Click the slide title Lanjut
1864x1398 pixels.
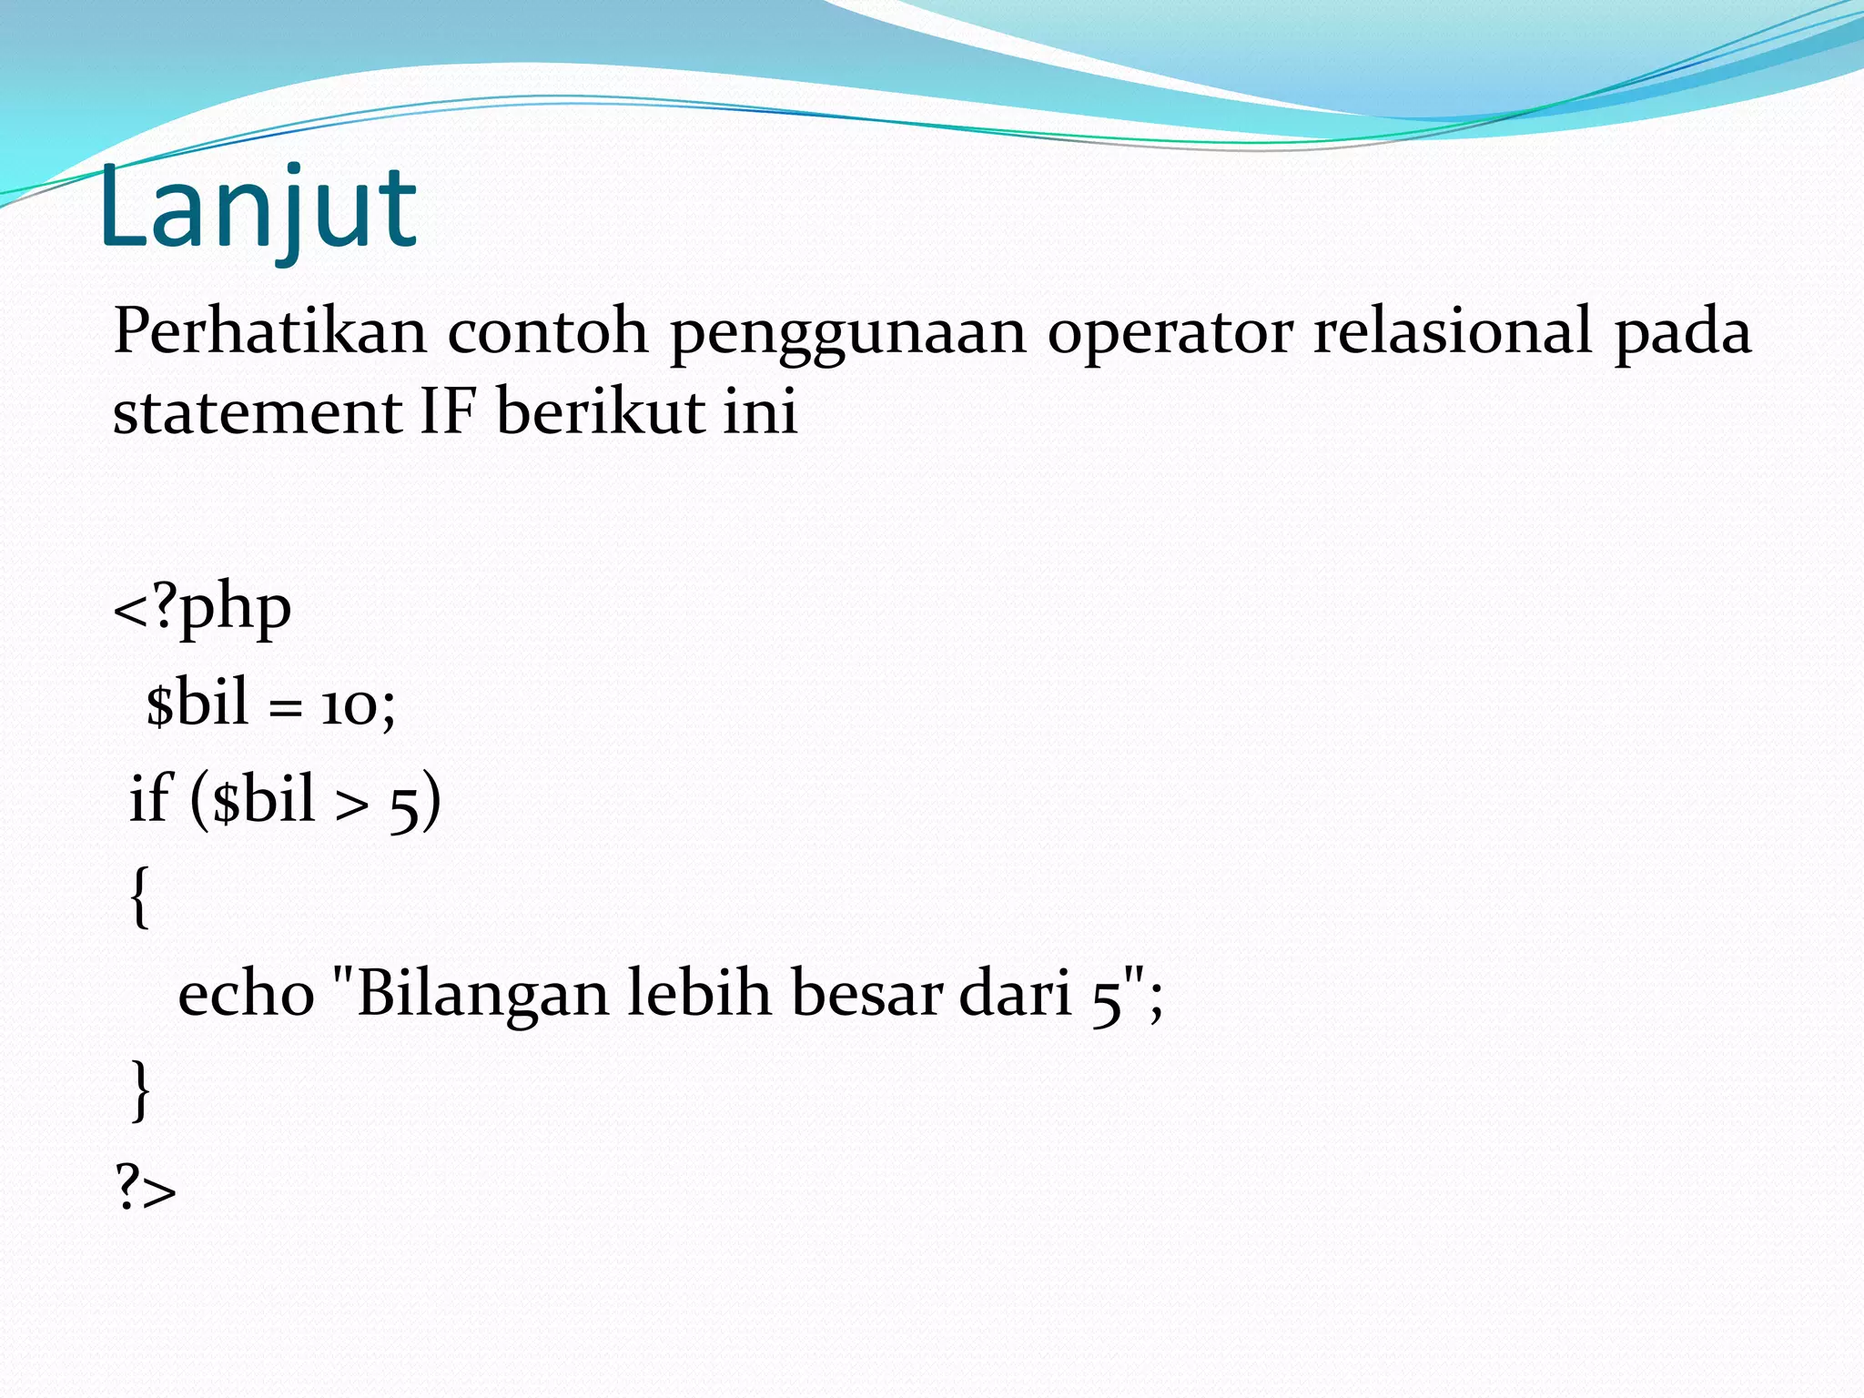(258, 209)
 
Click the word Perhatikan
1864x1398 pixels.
(269, 331)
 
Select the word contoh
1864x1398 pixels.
(547, 331)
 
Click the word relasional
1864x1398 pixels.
(1452, 331)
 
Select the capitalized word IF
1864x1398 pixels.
(448, 412)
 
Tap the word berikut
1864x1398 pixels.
(600, 412)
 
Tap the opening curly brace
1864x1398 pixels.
(139, 897)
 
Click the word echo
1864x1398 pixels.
(246, 994)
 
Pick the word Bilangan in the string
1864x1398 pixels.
(482, 994)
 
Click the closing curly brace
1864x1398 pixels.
(140, 1089)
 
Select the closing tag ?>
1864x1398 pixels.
(146, 1189)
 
